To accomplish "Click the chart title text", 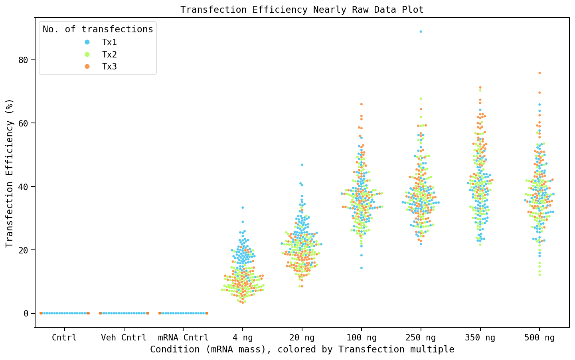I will click(x=302, y=10).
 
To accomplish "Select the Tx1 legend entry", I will click(x=109, y=42).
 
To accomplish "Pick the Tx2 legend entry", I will click(x=109, y=54).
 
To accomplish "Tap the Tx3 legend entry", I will click(x=109, y=67).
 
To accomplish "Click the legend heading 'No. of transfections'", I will click(x=98, y=29).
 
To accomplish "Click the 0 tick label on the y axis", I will click(x=26, y=313).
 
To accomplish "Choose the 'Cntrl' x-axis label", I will click(x=64, y=338).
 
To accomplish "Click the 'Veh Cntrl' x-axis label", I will click(x=124, y=338).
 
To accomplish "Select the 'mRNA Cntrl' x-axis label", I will click(x=183, y=338).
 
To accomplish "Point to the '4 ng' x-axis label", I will click(x=243, y=338).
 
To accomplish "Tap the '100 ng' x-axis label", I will click(x=361, y=338).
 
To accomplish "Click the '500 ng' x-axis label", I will click(x=539, y=338).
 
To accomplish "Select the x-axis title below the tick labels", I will click(x=302, y=350).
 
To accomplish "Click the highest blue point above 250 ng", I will click(x=421, y=32).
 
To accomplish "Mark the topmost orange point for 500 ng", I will click(x=539, y=73).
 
